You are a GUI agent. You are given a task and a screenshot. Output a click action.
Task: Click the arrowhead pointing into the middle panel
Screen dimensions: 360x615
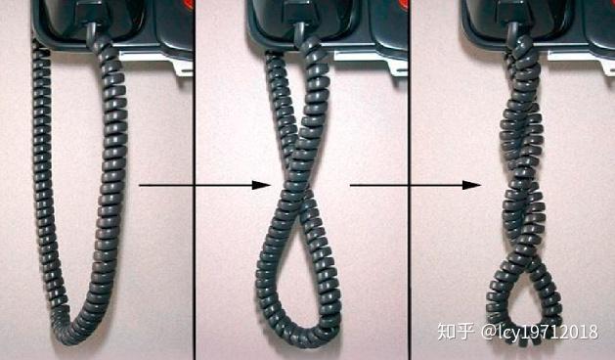[x=263, y=184]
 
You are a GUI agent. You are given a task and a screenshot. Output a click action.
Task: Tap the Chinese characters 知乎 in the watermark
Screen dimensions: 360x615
[x=456, y=333]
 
